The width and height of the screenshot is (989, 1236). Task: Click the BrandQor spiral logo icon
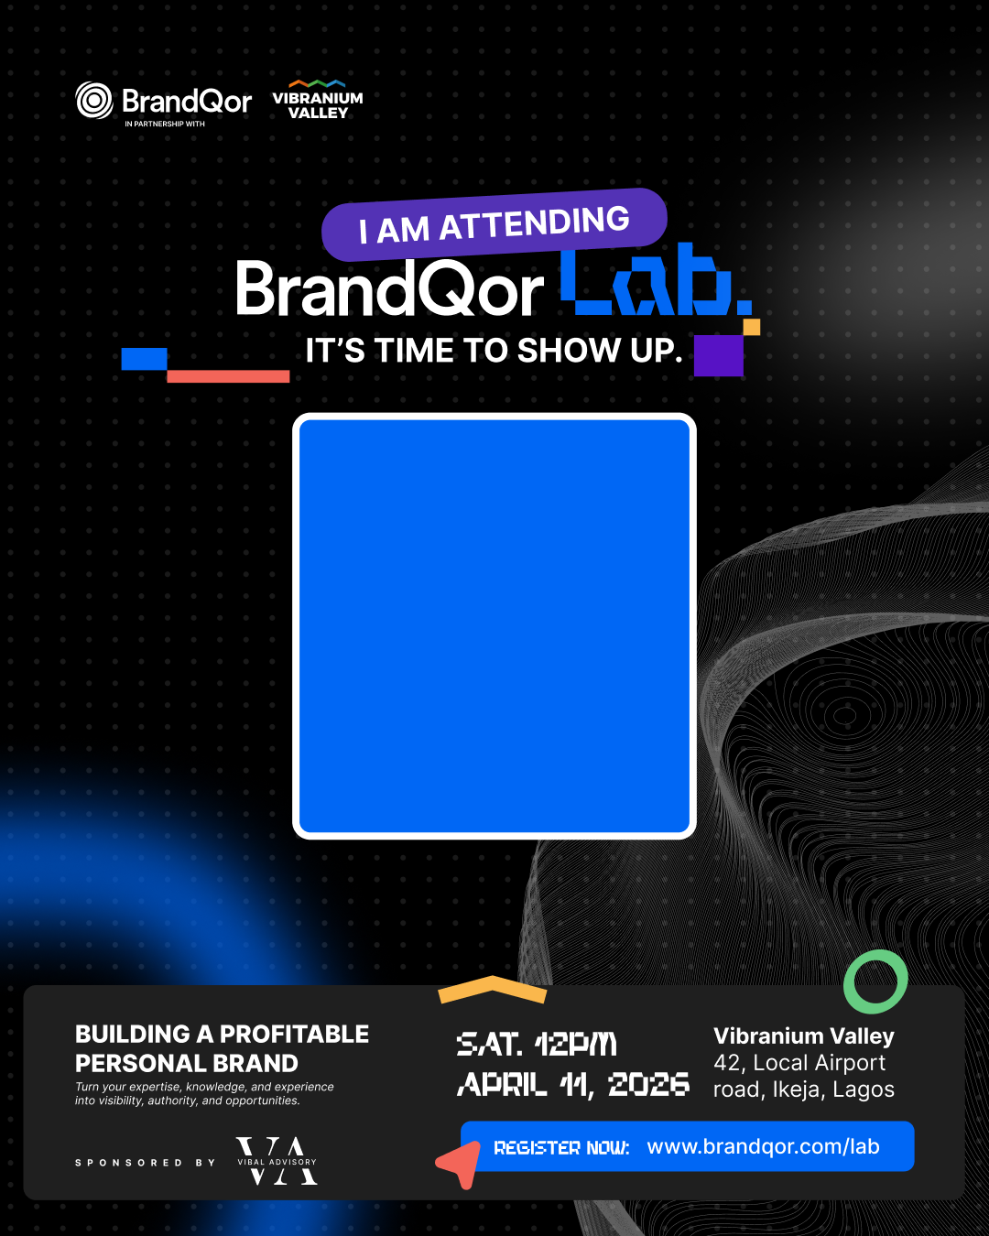(93, 101)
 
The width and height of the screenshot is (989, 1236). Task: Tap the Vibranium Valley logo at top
(318, 100)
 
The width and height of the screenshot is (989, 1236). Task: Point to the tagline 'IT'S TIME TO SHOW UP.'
(494, 351)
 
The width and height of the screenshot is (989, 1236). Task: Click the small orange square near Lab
(752, 327)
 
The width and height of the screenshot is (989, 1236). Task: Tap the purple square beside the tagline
(718, 355)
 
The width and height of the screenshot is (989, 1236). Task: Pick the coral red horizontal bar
(228, 376)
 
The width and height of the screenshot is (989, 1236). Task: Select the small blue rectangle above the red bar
(144, 359)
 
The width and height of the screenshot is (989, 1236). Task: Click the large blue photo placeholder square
(494, 626)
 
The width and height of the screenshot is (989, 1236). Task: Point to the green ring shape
(875, 981)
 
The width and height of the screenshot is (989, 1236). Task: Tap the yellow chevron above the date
(493, 989)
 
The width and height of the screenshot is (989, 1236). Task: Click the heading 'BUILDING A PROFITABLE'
(222, 1035)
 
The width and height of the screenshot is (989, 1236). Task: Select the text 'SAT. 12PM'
(537, 1045)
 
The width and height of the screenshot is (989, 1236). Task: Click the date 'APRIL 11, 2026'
(573, 1085)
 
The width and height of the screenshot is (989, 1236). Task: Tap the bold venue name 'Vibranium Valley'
(804, 1036)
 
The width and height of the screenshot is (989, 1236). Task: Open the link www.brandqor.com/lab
(763, 1147)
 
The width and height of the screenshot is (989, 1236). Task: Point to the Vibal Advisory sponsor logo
(277, 1162)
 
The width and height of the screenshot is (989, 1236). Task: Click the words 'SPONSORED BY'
(145, 1163)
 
